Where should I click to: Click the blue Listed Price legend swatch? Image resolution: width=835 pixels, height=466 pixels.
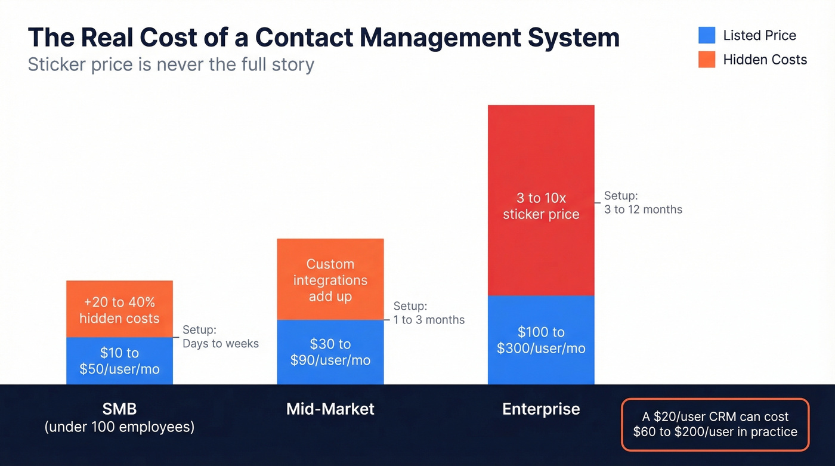[707, 35]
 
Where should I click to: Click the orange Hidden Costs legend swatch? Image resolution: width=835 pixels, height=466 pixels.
[707, 60]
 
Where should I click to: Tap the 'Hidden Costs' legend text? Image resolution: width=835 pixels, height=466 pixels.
[765, 60]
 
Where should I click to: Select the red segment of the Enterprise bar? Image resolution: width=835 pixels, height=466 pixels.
[541, 200]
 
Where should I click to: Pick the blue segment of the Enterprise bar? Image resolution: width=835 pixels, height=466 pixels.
[541, 340]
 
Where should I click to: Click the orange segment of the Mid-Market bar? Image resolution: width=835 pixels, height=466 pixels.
[330, 279]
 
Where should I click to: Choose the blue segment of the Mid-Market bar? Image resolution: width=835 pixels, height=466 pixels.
[330, 352]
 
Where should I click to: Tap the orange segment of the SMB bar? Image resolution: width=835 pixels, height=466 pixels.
[119, 309]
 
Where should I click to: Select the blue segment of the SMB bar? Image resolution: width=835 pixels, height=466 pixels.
[119, 361]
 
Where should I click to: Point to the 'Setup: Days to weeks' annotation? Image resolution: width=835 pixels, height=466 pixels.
[220, 337]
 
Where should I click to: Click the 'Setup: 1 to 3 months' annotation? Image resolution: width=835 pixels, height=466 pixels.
[428, 313]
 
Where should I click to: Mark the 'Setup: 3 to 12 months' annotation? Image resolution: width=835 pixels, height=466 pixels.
[642, 202]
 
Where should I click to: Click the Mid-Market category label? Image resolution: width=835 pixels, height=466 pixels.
[330, 409]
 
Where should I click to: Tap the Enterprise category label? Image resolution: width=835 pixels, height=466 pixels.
[541, 409]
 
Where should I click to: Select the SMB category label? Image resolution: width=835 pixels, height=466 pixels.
[119, 409]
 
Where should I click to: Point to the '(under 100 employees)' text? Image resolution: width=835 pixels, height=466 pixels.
[119, 427]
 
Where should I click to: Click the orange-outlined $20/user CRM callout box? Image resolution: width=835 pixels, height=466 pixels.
[715, 424]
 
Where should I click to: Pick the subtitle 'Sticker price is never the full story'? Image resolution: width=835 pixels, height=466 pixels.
[171, 64]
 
